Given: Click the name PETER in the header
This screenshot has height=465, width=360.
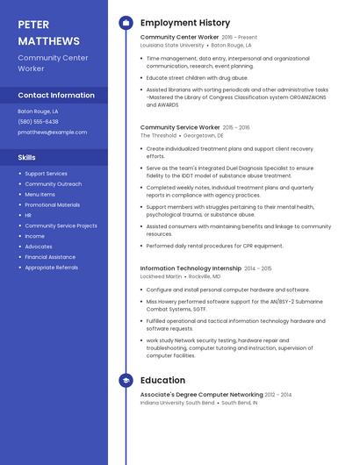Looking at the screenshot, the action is click(33, 25).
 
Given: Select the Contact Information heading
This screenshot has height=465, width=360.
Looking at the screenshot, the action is click(56, 95).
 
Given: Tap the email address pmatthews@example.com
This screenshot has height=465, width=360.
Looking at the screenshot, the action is click(53, 132).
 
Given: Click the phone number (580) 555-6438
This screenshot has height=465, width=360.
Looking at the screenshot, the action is click(38, 122).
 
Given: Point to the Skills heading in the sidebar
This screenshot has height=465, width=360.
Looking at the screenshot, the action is click(27, 157).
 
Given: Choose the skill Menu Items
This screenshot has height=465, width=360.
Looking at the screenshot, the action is click(40, 195).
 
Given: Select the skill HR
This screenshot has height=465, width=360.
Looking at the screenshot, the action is click(28, 215).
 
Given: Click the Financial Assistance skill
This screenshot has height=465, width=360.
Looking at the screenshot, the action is click(50, 257).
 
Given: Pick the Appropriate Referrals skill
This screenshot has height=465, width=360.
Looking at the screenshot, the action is click(51, 268).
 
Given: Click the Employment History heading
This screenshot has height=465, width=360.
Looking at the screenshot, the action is click(185, 23).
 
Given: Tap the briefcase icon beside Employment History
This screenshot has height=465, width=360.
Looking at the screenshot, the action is click(125, 23).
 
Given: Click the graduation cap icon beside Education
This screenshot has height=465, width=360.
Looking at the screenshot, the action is click(125, 380).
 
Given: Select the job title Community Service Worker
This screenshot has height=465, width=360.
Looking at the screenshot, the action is click(180, 127).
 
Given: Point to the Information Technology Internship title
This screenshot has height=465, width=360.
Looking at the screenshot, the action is click(190, 268).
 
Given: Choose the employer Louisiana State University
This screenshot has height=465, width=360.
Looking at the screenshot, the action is click(171, 45).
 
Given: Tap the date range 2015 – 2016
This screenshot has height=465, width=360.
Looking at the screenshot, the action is click(236, 127).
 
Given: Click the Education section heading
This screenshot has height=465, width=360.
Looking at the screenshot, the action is click(162, 380).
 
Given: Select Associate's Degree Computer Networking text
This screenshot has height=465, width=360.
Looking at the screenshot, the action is click(201, 395).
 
